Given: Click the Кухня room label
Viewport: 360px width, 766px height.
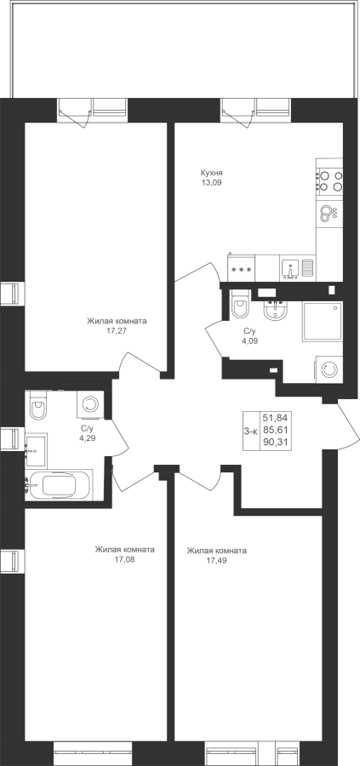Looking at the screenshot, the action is [212, 173].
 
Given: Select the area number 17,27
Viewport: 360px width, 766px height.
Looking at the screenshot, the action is [117, 331].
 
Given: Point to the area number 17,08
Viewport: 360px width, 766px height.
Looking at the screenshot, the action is [124, 559].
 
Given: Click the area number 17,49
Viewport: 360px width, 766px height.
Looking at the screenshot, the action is [216, 560].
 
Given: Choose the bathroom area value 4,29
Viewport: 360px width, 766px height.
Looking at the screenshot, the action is [88, 437].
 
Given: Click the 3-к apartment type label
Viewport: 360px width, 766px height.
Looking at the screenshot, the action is [251, 432].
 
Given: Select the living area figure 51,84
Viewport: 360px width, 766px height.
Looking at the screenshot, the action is [276, 418].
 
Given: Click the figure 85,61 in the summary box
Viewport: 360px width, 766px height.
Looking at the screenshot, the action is [276, 431].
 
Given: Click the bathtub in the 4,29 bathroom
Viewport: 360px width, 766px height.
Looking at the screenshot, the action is [59, 485].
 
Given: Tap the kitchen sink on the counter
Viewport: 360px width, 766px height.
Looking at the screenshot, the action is [291, 270].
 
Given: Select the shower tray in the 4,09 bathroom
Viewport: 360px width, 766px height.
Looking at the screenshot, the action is [323, 321].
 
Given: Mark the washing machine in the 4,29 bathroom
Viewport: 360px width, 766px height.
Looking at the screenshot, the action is [90, 404].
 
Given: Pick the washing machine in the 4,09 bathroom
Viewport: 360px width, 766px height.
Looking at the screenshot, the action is [329, 369].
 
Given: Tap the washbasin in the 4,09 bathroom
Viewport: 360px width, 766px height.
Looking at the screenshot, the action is [277, 310].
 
